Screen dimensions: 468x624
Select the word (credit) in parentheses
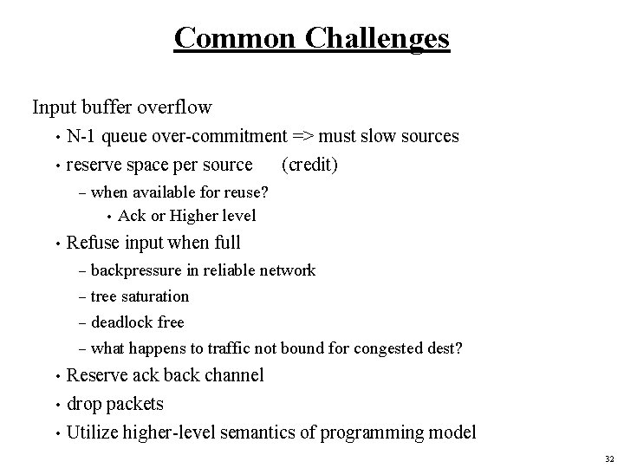pyautogui.click(x=310, y=164)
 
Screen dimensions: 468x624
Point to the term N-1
pyautogui.click(x=83, y=136)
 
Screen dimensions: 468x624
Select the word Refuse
pyautogui.click(x=94, y=242)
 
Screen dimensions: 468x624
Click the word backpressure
pyautogui.click(x=139, y=270)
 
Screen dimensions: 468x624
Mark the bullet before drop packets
pyautogui.click(x=55, y=405)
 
